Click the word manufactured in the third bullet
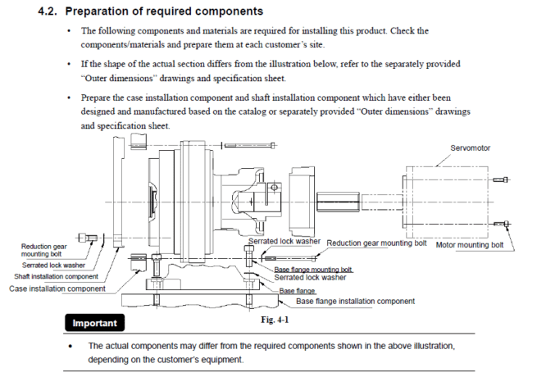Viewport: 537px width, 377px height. coord(151,111)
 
